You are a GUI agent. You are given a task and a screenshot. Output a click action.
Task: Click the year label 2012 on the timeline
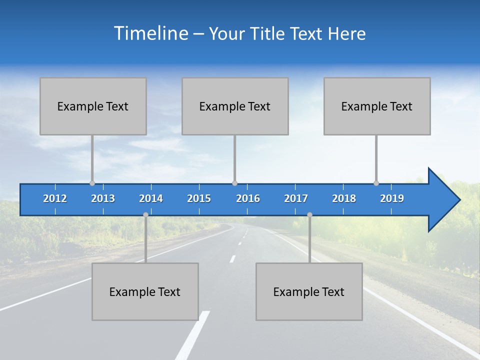pos(55,198)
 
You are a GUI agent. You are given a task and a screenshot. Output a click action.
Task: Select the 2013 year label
pos(103,198)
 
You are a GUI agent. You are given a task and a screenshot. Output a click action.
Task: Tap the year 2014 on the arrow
pos(151,198)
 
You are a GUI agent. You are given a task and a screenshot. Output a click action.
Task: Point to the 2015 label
pos(199,198)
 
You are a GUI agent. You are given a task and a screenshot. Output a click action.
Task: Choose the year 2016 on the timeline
pos(248,198)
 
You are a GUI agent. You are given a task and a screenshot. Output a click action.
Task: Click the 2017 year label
pos(296,198)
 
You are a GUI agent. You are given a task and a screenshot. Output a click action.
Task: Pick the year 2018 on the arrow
pos(344,198)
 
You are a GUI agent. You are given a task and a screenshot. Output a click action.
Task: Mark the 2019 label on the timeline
pos(392,198)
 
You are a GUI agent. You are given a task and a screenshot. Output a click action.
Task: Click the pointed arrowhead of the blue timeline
pos(445,200)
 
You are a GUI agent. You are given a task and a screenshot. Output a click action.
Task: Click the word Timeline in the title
pos(151,33)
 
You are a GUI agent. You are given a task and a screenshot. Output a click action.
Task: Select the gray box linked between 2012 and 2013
pos(93,106)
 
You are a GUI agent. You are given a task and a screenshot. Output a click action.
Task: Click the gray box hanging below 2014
pos(145,291)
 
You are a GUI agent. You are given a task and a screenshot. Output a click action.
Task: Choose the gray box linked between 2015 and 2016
pos(235,106)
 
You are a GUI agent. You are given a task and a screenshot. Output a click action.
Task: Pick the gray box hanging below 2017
pos(309,291)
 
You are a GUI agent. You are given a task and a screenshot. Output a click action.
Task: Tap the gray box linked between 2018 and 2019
pos(377,106)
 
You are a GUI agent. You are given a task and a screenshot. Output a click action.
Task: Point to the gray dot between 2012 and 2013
pos(92,183)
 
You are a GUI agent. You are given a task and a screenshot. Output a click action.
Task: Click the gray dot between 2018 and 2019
pos(376,183)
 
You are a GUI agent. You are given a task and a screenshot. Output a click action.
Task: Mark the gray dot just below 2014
pos(145,214)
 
